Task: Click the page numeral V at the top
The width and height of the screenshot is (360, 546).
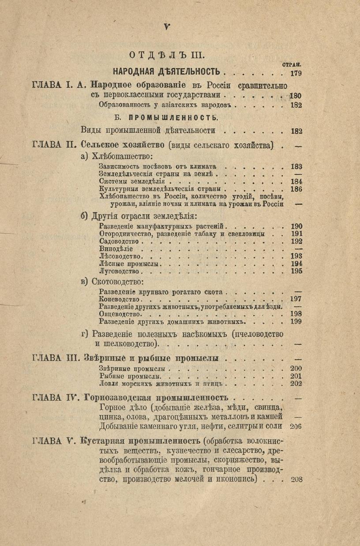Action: coord(167,27)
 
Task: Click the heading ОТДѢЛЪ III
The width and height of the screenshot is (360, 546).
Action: coord(166,55)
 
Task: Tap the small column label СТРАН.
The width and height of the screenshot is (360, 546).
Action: coord(293,65)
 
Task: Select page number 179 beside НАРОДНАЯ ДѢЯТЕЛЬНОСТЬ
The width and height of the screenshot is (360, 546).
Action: coord(293,73)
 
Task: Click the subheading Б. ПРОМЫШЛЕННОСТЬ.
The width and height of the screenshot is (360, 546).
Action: coord(166,118)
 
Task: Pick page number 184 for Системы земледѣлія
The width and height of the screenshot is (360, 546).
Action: coord(296,181)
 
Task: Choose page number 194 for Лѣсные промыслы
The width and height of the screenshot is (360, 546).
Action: coord(296,264)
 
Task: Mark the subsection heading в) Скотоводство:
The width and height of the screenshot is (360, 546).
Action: coord(112,281)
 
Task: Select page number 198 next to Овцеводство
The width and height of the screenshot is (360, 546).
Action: coord(296,314)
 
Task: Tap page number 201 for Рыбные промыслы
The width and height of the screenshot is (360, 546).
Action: coord(296,376)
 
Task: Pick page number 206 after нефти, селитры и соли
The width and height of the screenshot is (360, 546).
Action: coord(296,426)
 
